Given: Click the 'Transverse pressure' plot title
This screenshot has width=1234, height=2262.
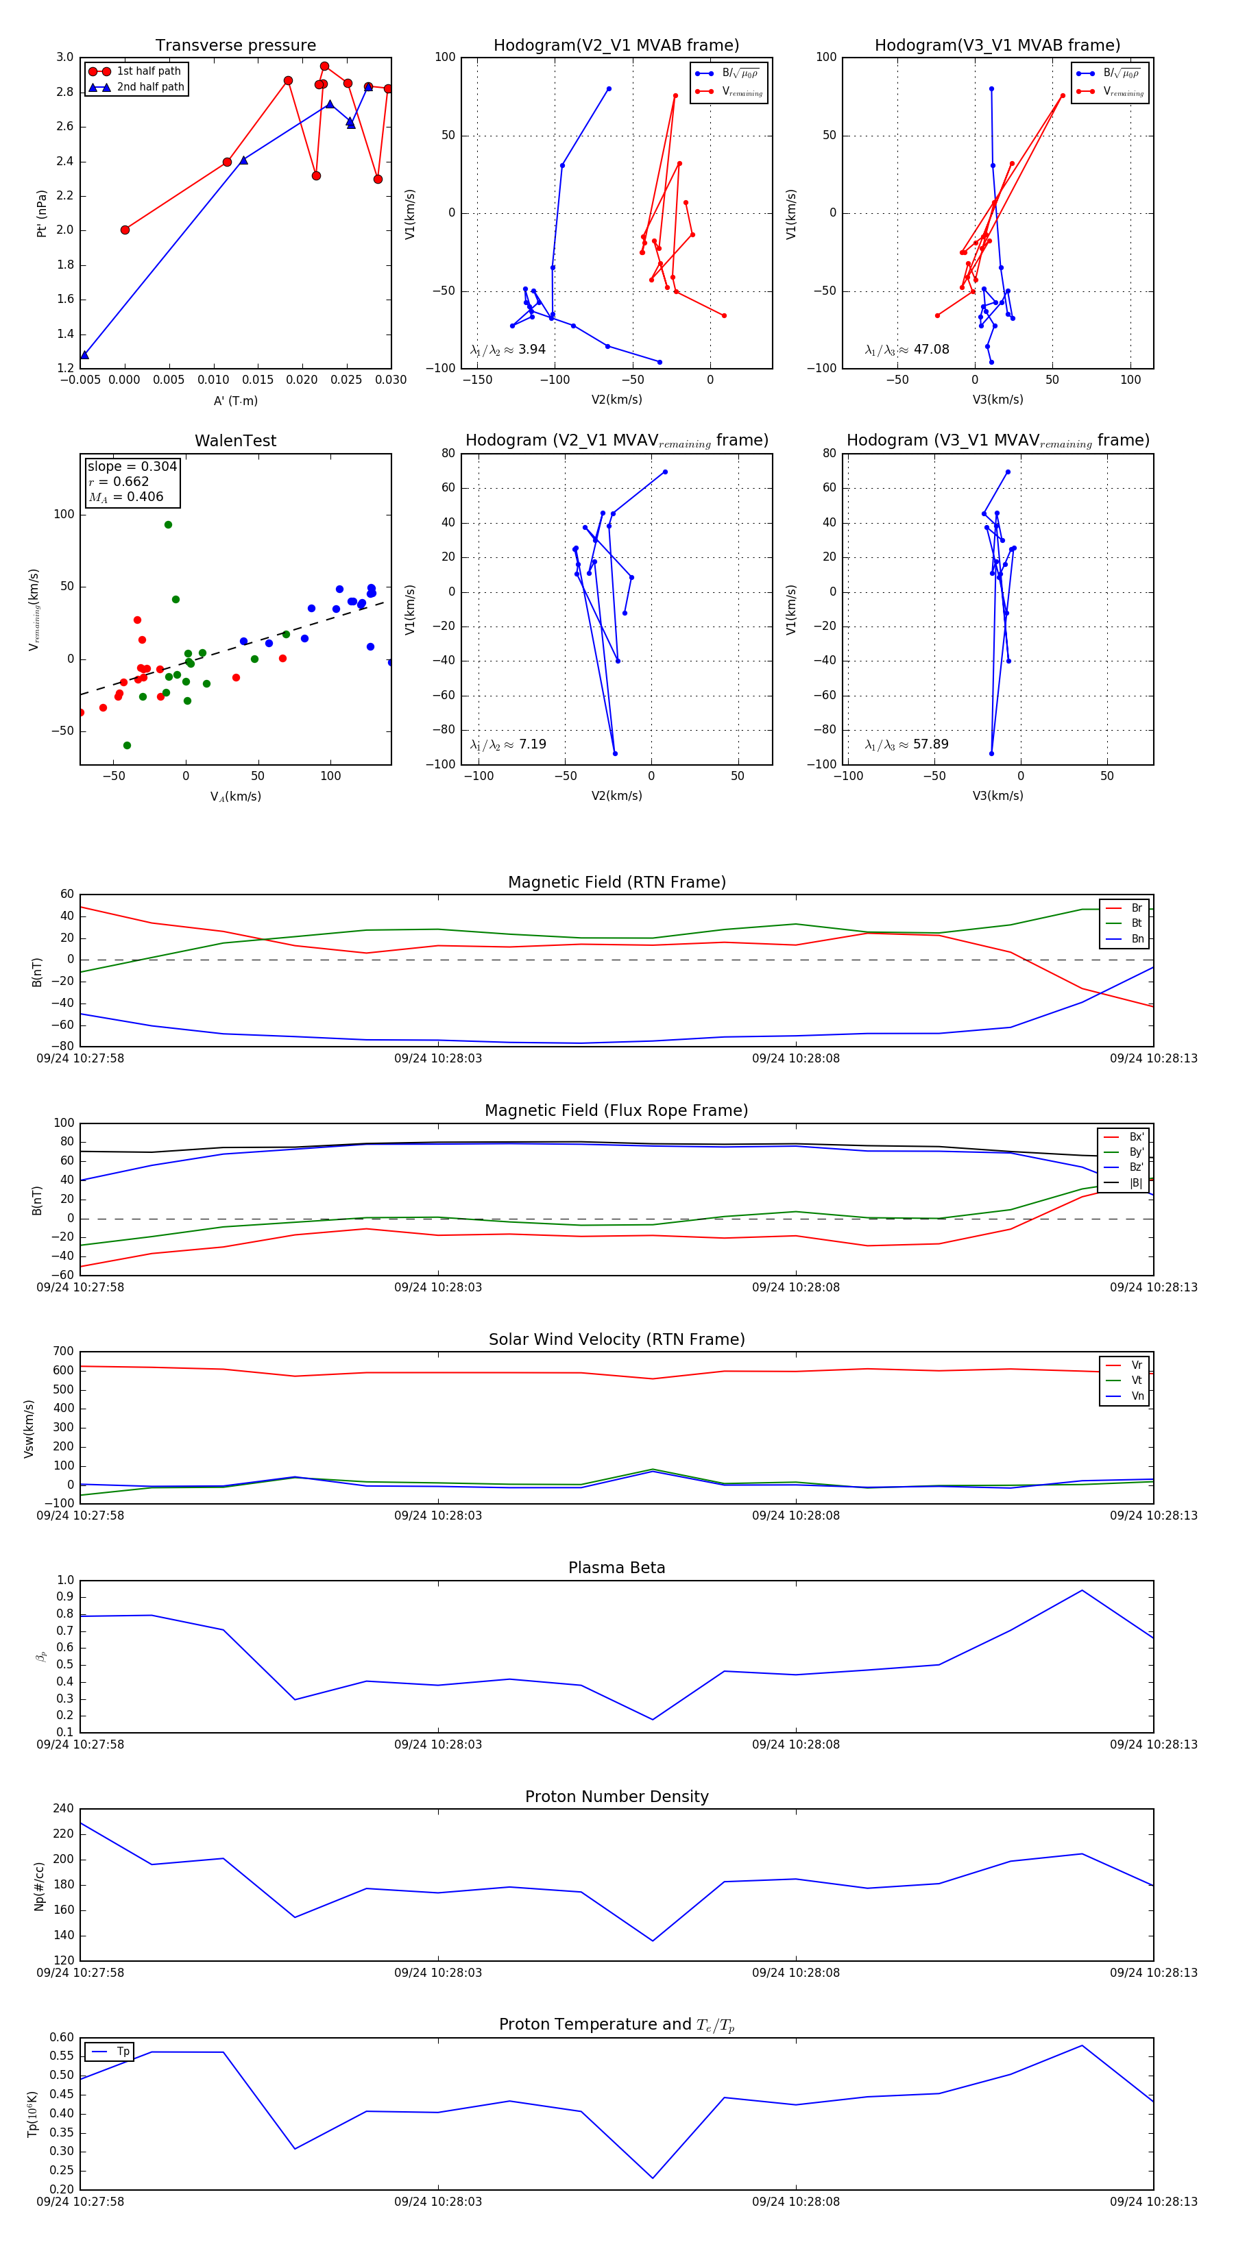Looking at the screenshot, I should point(235,46).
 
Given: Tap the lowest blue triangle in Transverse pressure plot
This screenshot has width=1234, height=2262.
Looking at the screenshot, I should point(84,355).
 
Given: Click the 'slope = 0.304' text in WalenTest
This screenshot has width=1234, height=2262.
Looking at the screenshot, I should point(132,466).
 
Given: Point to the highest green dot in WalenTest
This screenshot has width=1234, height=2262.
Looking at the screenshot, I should point(168,525).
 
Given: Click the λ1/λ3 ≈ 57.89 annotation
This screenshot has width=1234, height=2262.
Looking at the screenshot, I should point(906,744).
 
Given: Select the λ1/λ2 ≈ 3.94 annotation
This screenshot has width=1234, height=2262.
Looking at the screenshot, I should point(507,350).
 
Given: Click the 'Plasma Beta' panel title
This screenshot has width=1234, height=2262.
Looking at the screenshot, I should point(616,1568).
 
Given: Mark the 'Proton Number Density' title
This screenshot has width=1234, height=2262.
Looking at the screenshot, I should point(616,1797).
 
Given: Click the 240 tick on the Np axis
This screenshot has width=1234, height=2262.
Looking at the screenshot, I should point(63,1809).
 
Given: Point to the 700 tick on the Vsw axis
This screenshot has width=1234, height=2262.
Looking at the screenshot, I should point(63,1352).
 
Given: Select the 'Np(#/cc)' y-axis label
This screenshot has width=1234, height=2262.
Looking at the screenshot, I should point(38,1886).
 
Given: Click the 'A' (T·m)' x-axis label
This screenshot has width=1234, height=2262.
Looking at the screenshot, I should point(235,400).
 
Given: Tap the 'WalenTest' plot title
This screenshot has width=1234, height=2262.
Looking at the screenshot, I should point(235,441).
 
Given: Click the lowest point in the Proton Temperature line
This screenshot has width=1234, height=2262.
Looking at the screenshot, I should point(653,2178).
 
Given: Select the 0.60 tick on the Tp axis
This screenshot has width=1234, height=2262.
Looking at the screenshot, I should point(62,2037).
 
